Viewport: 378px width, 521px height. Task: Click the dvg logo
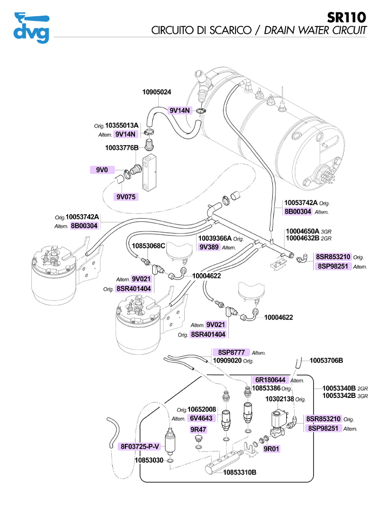[31, 28]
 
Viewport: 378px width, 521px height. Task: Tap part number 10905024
[157, 92]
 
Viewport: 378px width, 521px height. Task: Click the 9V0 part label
[103, 170]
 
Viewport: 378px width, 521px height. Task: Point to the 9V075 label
[126, 197]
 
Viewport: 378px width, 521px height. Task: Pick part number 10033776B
[122, 147]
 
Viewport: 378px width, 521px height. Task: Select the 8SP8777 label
[232, 352]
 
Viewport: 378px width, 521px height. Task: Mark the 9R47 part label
[199, 430]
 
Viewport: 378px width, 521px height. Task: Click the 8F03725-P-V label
[140, 446]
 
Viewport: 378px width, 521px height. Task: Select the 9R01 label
[271, 449]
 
